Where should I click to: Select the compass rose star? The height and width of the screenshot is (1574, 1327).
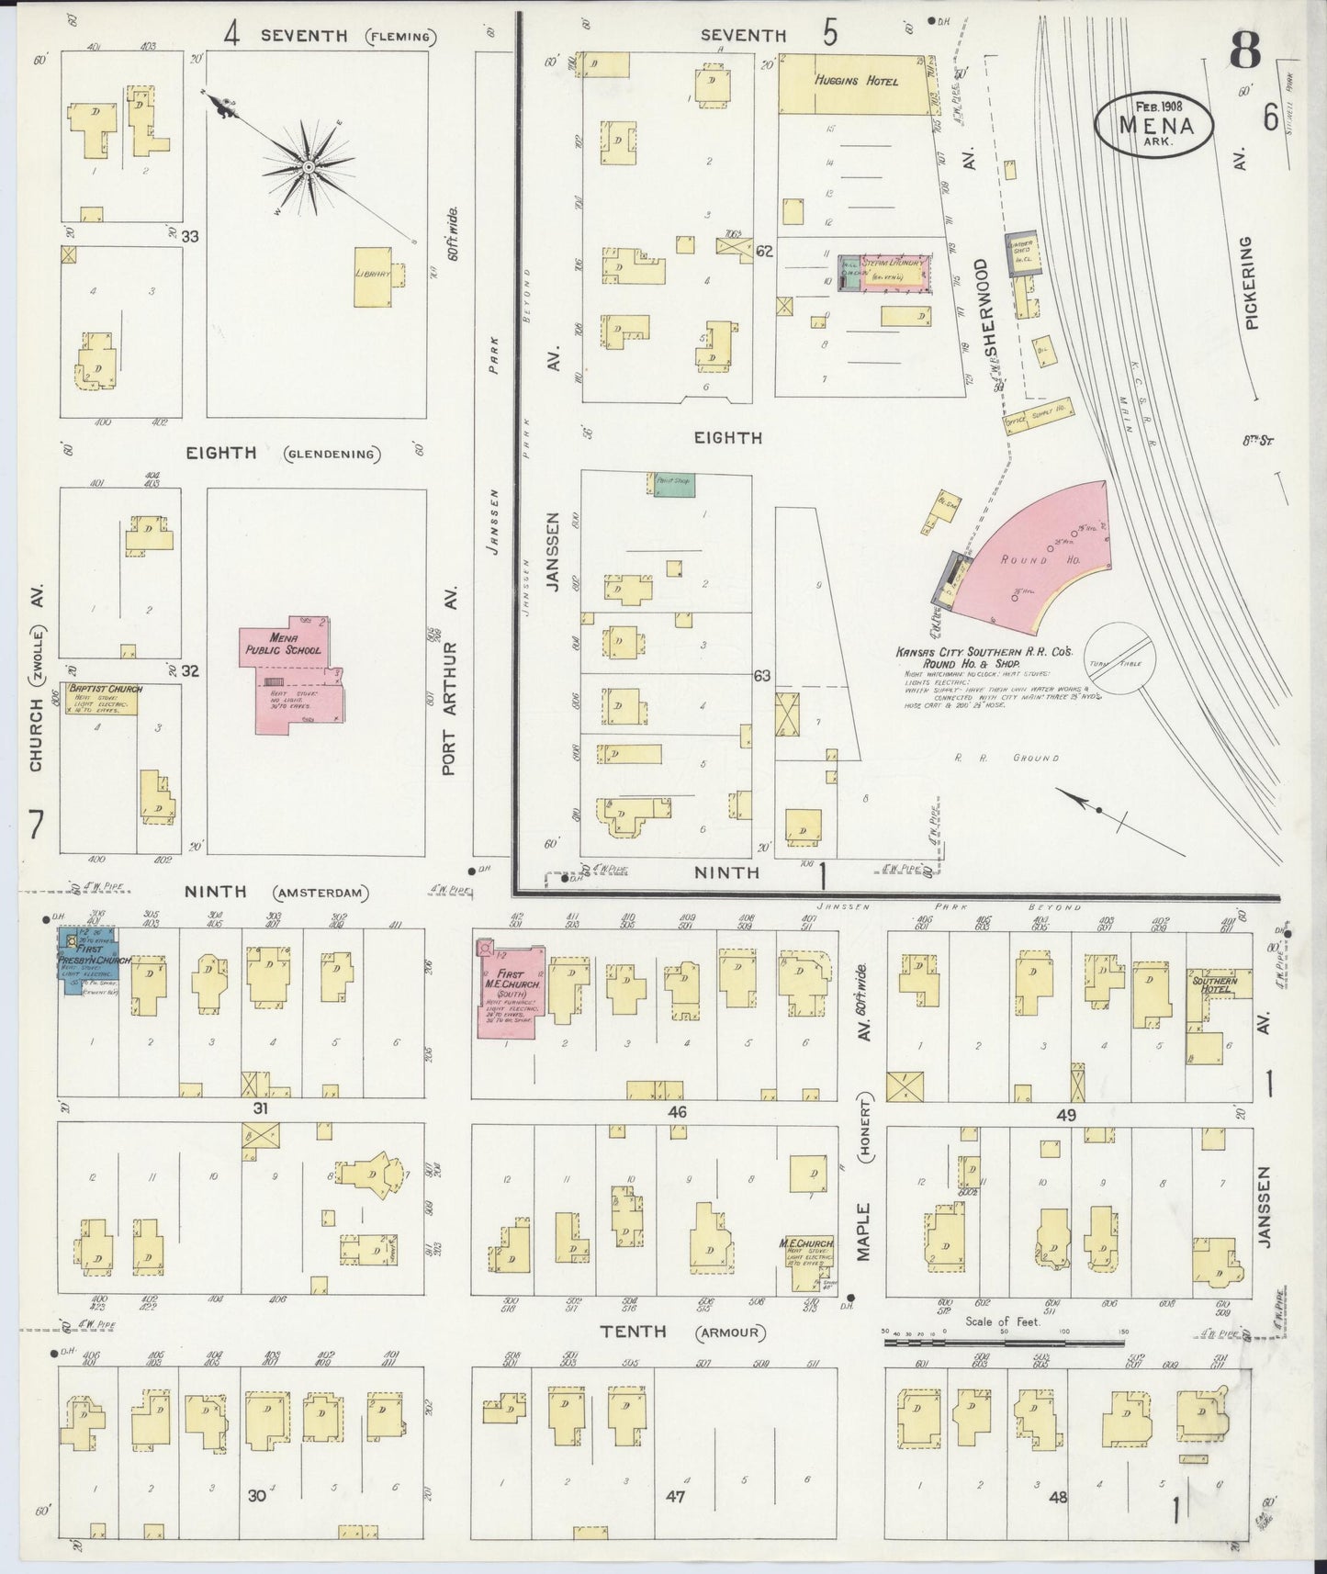click(309, 166)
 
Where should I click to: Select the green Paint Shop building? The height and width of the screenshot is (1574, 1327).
click(674, 486)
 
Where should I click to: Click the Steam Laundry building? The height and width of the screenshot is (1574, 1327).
click(885, 274)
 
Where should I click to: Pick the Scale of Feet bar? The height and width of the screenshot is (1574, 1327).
click(1005, 1342)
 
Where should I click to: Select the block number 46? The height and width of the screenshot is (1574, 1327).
click(678, 1112)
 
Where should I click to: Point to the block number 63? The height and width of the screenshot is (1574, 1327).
click(761, 676)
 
